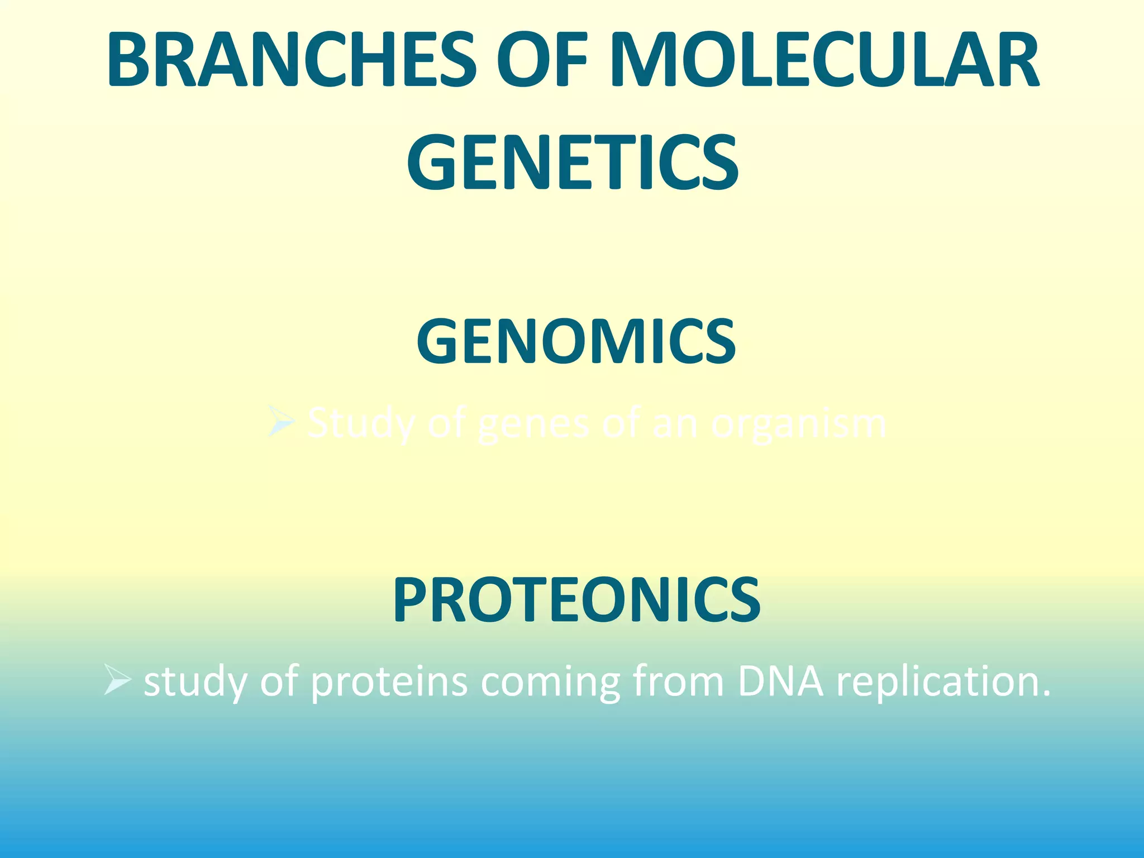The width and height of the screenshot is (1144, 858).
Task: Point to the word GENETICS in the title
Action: (x=573, y=162)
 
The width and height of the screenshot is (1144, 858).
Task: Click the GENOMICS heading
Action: (x=576, y=341)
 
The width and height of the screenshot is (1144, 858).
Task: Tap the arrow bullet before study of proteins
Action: (x=117, y=681)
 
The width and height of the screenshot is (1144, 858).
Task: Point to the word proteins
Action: (x=389, y=682)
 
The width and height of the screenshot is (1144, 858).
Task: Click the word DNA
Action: (x=780, y=682)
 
